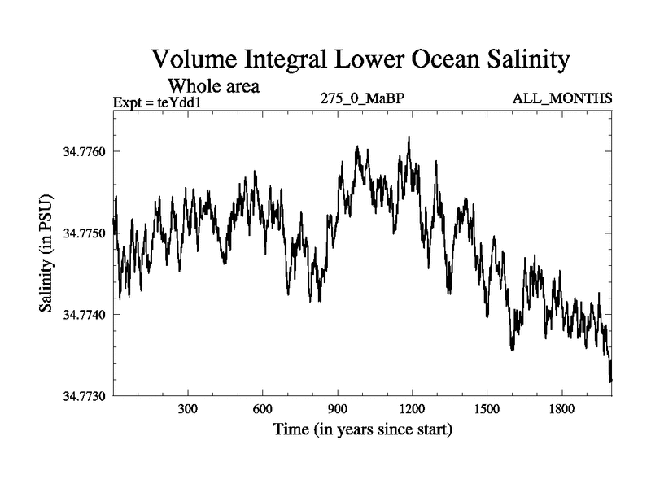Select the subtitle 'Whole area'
213,85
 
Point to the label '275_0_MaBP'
363,99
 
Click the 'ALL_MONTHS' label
561,99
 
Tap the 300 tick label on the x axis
188,409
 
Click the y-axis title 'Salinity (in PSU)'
46,255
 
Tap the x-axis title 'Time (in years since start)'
362,429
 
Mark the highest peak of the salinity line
409,137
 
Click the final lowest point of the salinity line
610,380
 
